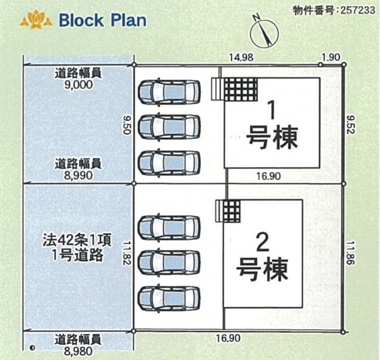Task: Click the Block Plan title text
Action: click(102, 20)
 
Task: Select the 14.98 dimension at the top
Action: click(241, 58)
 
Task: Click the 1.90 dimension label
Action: click(331, 58)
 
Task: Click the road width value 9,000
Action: click(77, 84)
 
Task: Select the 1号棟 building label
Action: click(272, 126)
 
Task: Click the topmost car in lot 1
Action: click(169, 90)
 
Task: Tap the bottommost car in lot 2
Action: click(169, 298)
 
